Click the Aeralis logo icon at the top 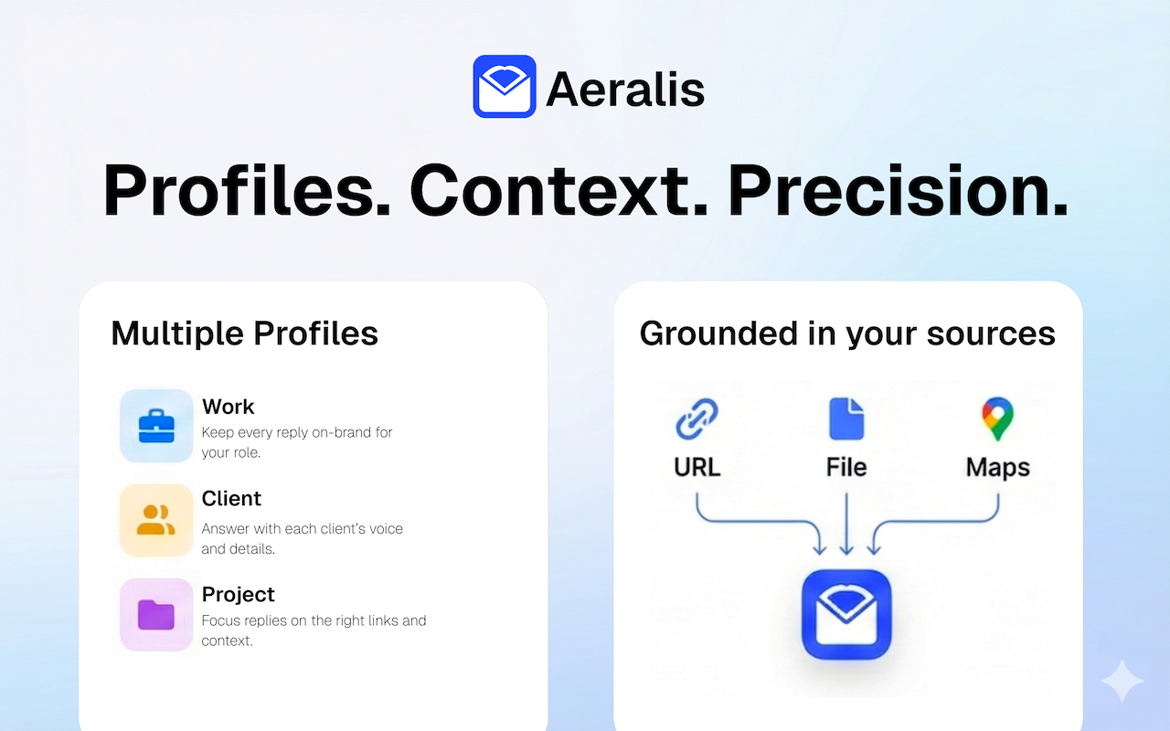(504, 86)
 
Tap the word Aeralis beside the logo (625, 90)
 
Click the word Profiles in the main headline (246, 191)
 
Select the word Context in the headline (558, 191)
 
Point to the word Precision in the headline (898, 191)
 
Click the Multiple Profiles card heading (244, 334)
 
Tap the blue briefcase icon (156, 426)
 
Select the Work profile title (228, 407)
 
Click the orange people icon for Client (156, 520)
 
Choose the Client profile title (231, 499)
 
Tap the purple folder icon (156, 615)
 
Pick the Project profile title (239, 595)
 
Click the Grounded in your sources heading (847, 334)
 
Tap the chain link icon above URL (697, 418)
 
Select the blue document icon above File (846, 418)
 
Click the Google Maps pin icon (997, 418)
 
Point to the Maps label (997, 468)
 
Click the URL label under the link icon (697, 467)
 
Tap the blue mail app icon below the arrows (846, 615)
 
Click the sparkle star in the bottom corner (1122, 681)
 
